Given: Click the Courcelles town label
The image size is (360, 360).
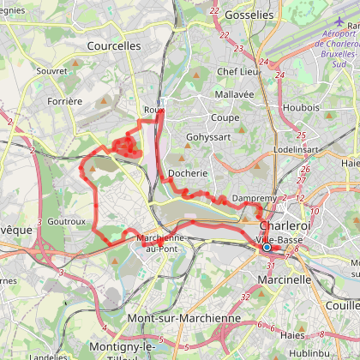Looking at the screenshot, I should coord(114,46).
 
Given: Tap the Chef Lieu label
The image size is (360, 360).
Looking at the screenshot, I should coord(237,72).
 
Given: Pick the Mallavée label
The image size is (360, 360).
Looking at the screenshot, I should coord(235,96).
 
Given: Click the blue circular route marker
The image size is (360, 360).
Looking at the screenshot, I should coord(267,248).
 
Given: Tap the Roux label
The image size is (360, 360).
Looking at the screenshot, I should coord(153,110).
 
